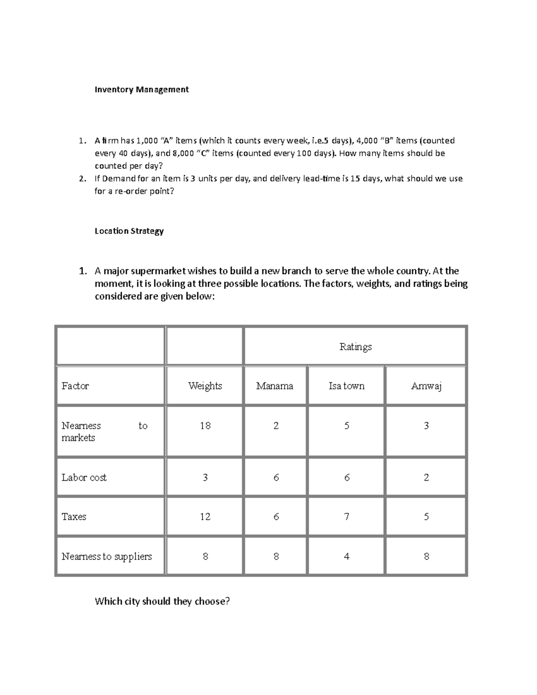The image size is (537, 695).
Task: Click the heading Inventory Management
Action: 141,90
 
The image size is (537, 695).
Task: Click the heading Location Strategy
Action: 129,231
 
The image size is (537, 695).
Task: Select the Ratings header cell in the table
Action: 355,347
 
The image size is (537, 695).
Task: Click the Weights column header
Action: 205,386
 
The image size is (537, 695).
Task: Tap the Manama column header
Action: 275,386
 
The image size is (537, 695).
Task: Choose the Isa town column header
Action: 346,386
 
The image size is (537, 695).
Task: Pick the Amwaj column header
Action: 426,386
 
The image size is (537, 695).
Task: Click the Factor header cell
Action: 75,386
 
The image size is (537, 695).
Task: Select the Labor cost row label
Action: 84,478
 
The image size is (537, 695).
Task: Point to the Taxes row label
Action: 74,517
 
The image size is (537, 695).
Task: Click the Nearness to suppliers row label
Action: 107,556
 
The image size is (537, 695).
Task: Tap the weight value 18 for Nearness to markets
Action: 205,426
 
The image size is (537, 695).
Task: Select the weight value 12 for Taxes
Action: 205,517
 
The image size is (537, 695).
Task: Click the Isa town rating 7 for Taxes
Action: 346,517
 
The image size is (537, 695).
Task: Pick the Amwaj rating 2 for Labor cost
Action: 426,478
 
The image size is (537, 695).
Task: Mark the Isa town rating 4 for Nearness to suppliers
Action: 346,556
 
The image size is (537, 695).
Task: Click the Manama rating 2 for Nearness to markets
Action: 276,426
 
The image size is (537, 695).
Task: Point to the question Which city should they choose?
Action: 162,601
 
